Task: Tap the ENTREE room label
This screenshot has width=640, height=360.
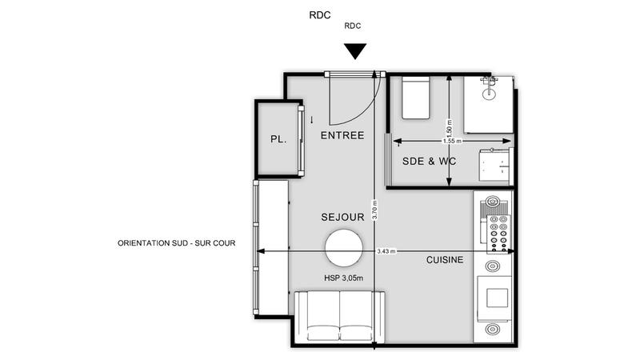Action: pos(342,135)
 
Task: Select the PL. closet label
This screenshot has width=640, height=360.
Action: pos(278,139)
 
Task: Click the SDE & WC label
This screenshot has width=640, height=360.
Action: pos(429,161)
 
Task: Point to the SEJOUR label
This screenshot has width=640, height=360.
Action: pos(343,217)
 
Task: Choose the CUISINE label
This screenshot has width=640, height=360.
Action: pos(445,259)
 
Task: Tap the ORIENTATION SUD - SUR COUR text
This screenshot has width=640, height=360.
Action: pos(176,242)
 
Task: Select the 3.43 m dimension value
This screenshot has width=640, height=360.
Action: pos(386,251)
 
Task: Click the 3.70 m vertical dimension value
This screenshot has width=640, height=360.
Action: pos(374,210)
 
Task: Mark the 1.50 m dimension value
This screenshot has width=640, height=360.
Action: pos(450,126)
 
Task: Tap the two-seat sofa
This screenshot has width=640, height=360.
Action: pos(340,317)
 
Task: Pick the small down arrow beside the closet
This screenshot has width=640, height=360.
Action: pos(311,120)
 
